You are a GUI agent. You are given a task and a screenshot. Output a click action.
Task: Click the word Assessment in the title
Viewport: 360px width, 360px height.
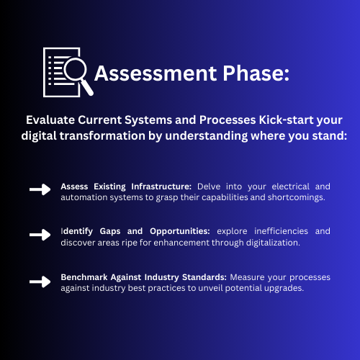click(156, 73)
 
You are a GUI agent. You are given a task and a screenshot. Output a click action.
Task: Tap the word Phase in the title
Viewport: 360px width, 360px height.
click(253, 73)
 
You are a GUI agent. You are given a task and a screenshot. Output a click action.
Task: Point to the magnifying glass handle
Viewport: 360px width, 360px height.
click(86, 87)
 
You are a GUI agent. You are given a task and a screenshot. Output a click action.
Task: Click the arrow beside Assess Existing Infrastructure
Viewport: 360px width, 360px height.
click(40, 189)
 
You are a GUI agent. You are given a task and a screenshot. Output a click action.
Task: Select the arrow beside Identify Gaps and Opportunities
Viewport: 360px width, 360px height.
click(40, 235)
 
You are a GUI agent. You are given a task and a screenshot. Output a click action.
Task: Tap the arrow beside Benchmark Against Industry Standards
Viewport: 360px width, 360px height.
click(40, 282)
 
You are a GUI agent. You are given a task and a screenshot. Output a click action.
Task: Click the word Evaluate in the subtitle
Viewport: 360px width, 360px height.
click(50, 120)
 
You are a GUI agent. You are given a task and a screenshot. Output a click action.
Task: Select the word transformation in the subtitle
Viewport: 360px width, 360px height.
click(102, 135)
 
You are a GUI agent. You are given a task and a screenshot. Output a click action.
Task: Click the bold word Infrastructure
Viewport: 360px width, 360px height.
click(161, 186)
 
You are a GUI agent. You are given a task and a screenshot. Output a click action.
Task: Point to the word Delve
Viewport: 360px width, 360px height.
click(209, 186)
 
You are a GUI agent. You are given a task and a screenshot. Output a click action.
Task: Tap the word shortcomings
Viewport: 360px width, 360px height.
click(297, 197)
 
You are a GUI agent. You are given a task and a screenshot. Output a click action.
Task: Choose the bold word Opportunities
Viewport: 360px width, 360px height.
click(180, 231)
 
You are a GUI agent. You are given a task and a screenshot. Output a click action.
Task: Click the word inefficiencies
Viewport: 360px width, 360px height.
click(281, 231)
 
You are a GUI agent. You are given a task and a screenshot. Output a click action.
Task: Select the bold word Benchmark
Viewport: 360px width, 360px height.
click(84, 277)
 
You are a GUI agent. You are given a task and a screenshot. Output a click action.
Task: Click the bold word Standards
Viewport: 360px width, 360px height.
click(204, 277)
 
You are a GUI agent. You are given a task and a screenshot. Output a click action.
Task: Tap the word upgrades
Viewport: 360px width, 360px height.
click(284, 288)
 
